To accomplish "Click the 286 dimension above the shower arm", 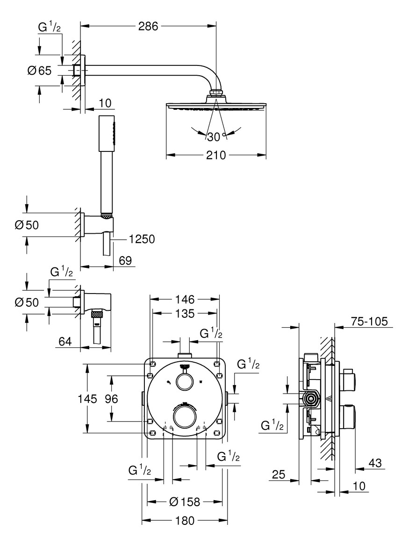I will click(148, 26).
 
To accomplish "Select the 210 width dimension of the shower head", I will click(215, 155).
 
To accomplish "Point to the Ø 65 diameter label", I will click(39, 71).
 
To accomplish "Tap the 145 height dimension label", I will click(87, 399).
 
